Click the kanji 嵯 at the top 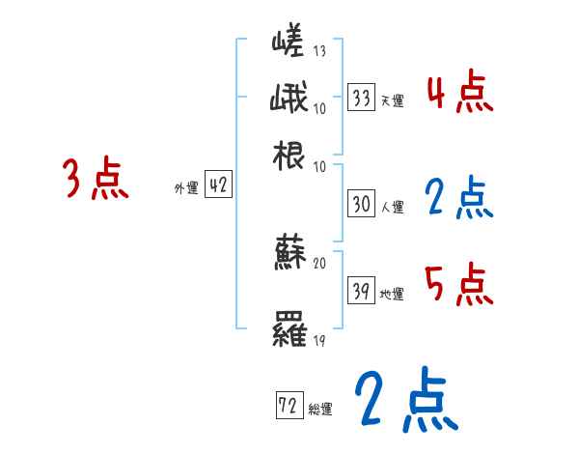(x=289, y=43)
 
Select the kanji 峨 (x=289, y=98)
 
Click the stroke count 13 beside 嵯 (x=320, y=51)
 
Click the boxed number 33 (x=362, y=98)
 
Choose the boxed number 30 (x=362, y=205)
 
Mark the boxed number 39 (x=362, y=292)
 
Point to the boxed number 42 (x=218, y=186)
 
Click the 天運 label (x=392, y=100)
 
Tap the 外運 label (x=185, y=188)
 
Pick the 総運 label (x=321, y=408)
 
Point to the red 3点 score (x=95, y=180)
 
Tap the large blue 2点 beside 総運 (x=405, y=401)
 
